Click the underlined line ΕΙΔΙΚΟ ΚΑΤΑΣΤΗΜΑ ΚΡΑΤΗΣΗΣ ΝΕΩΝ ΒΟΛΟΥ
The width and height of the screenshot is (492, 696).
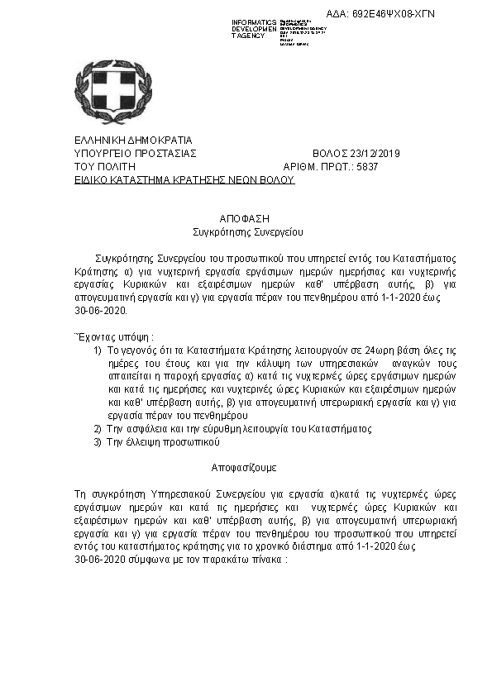(184, 178)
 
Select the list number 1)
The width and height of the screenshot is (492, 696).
(98, 350)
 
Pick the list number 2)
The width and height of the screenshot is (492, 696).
(98, 429)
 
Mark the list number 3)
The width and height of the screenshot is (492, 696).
(98, 442)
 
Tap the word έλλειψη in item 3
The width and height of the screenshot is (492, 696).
(141, 442)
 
